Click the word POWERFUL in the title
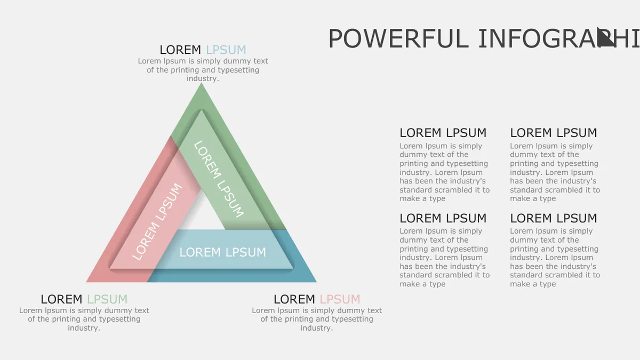[x=398, y=39]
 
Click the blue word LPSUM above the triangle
[x=226, y=50]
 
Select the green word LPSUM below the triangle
[x=107, y=299]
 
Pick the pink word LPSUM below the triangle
[x=340, y=299]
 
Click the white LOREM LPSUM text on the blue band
[x=223, y=252]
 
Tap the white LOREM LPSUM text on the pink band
[x=157, y=222]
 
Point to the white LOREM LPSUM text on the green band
[x=219, y=179]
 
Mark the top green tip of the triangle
[x=202, y=84]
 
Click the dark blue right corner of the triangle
[x=315, y=281]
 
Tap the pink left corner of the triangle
[x=87, y=281]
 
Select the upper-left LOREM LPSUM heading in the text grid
[x=443, y=133]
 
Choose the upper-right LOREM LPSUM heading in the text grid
[x=554, y=133]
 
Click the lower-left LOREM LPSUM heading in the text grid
[x=443, y=218]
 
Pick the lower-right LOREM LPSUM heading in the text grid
[x=554, y=218]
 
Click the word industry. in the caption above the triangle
[x=203, y=78]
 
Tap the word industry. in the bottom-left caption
[x=84, y=328]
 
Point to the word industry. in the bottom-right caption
[x=317, y=328]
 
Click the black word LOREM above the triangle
[x=180, y=50]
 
